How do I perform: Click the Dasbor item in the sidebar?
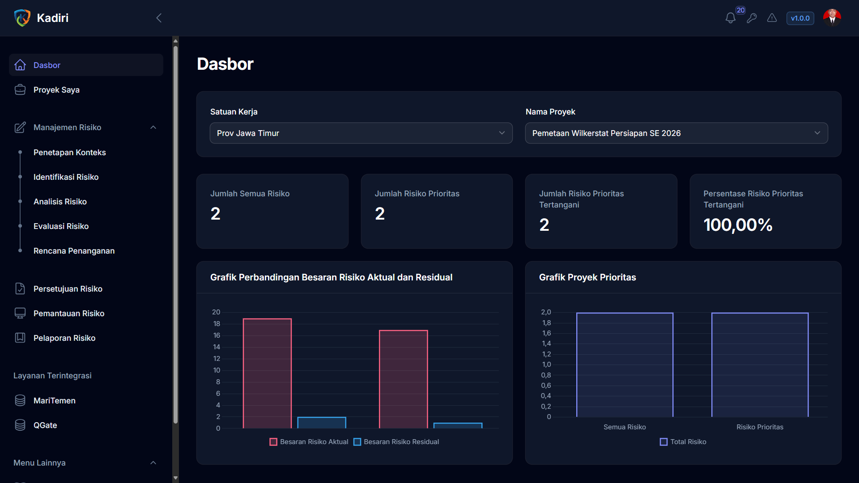click(86, 65)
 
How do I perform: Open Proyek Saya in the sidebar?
click(56, 90)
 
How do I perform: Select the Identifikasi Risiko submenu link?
click(66, 177)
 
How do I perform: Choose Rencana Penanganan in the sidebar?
click(74, 251)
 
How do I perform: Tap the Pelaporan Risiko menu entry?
click(64, 338)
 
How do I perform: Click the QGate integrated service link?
click(45, 425)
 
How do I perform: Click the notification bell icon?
click(731, 18)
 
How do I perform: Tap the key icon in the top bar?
click(752, 18)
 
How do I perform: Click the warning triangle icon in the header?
click(772, 18)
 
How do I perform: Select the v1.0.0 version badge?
click(800, 18)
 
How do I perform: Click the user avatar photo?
click(832, 18)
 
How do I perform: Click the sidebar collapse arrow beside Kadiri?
click(159, 18)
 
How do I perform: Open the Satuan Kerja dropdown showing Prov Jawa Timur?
click(361, 133)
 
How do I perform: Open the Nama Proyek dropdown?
click(676, 133)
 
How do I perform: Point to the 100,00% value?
click(738, 225)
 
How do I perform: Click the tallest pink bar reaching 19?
click(267, 373)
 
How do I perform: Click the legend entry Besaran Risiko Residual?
click(396, 442)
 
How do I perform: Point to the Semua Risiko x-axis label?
click(625, 427)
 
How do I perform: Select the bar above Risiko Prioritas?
click(760, 365)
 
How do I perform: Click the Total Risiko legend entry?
click(683, 442)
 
